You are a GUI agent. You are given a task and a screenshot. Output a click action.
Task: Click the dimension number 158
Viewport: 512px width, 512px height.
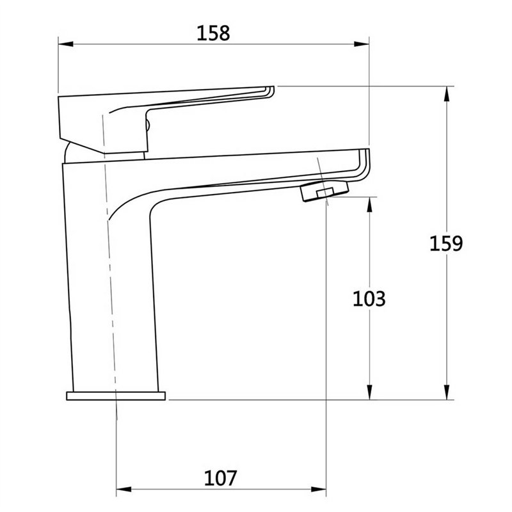213,33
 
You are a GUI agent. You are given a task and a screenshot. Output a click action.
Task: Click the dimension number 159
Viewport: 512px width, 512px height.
446,243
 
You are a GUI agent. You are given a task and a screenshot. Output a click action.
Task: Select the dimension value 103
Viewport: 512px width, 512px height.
369,298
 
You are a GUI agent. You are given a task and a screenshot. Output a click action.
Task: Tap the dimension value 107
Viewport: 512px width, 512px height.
220,478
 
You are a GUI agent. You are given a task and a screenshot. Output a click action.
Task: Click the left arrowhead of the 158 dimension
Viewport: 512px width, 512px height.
66,44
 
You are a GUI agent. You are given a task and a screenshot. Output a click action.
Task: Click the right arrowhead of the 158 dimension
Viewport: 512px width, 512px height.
362,44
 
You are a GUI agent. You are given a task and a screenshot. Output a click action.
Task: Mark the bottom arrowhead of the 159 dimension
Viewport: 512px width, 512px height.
447,392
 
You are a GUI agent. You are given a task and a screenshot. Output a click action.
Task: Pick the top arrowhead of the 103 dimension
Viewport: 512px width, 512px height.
369,204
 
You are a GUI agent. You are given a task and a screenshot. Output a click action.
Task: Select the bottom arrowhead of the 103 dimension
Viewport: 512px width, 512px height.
369,392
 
